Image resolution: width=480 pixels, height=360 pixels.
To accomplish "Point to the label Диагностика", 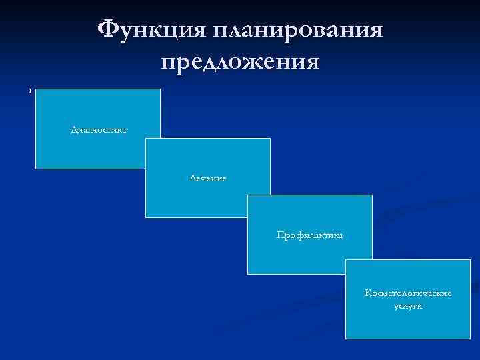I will pyautogui.click(x=98, y=129).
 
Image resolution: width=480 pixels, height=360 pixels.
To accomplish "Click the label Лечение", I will pyautogui.click(x=207, y=178).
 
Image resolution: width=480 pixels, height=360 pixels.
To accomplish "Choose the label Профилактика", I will pyautogui.click(x=310, y=235).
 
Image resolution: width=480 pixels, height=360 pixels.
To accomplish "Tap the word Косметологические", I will pyautogui.click(x=408, y=293).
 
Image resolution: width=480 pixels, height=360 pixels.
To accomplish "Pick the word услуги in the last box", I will pyautogui.click(x=408, y=306).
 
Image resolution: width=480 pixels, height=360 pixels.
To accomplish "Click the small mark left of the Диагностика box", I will pyautogui.click(x=30, y=91).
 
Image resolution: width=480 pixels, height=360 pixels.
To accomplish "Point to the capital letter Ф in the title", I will pyautogui.click(x=110, y=29).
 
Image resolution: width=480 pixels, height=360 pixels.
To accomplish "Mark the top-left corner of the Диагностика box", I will pyautogui.click(x=35, y=89).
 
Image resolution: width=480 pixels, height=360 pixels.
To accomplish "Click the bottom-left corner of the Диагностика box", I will pyautogui.click(x=35, y=169).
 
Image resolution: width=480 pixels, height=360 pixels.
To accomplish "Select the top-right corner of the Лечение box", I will pyautogui.click(x=270, y=139).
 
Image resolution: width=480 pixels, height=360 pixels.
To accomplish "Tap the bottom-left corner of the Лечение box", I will pyautogui.click(x=145, y=217).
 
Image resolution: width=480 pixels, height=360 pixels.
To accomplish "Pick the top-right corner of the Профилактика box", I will pyautogui.click(x=372, y=195).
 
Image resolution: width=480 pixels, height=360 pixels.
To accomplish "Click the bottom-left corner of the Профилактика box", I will pyautogui.click(x=247, y=274).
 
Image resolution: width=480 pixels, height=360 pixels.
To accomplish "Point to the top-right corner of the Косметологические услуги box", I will pyautogui.click(x=470, y=260).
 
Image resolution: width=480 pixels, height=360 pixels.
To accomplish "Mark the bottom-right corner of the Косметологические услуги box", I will pyautogui.click(x=470, y=339).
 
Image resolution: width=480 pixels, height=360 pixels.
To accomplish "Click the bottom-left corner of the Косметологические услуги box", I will pyautogui.click(x=345, y=339).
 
